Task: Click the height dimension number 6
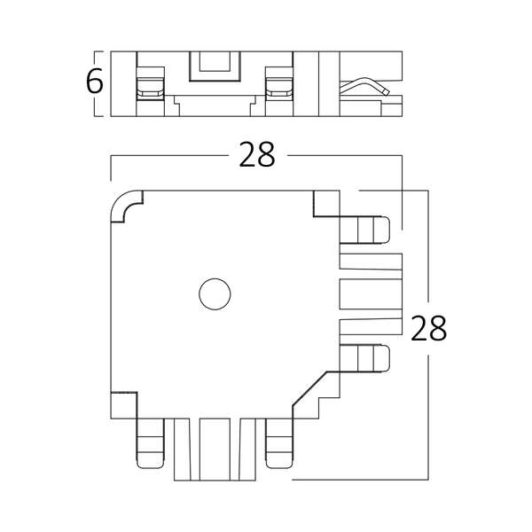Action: click(94, 81)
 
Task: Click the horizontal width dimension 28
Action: click(257, 154)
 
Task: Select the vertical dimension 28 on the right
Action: click(428, 328)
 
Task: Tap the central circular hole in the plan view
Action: click(215, 294)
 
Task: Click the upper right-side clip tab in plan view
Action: click(364, 230)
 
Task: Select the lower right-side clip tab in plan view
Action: click(364, 358)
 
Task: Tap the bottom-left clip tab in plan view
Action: click(150, 443)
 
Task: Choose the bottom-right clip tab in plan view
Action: click(279, 443)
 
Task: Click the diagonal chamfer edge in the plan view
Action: click(309, 388)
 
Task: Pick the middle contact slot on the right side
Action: click(371, 294)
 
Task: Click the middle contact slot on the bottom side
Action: click(215, 450)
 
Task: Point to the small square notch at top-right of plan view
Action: click(326, 203)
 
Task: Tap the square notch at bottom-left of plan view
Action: click(124, 405)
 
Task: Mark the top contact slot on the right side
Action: click(371, 262)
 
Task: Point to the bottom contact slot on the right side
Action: click(371, 326)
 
